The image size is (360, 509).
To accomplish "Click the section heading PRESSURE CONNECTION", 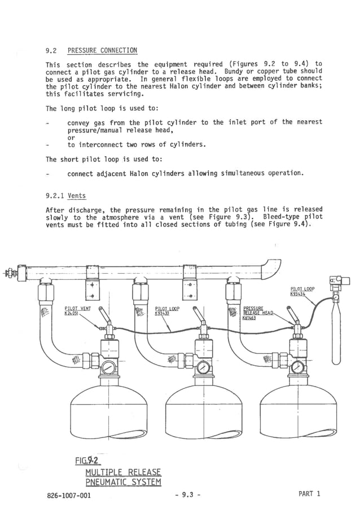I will (102, 50).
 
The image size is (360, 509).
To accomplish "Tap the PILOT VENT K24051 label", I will (78, 311).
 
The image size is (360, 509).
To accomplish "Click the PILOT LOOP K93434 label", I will (302, 291).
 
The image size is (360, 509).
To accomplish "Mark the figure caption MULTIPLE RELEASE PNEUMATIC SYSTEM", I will (123, 477).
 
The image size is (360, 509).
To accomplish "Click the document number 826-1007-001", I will (68, 495).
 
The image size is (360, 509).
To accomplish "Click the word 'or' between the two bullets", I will (71, 137).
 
